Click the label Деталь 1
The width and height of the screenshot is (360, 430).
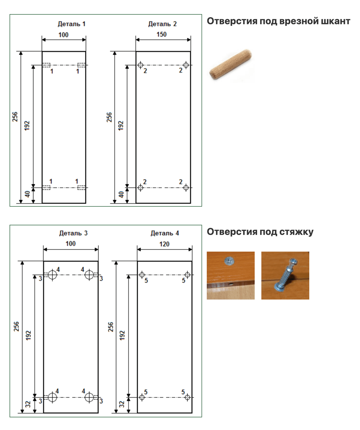pyautogui.click(x=71, y=24)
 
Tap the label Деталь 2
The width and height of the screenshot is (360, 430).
pyautogui.click(x=162, y=24)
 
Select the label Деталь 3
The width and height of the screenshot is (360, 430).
pyautogui.click(x=73, y=233)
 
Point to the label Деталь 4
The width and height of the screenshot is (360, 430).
pyautogui.click(x=165, y=233)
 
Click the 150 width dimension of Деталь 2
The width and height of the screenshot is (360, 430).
pyautogui.click(x=161, y=35)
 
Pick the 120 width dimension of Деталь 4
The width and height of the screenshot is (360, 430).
pyautogui.click(x=164, y=244)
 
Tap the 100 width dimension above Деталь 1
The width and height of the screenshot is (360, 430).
pyautogui.click(x=63, y=35)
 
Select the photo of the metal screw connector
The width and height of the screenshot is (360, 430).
pyautogui.click(x=285, y=275)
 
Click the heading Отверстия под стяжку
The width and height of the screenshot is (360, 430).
pyautogui.click(x=260, y=232)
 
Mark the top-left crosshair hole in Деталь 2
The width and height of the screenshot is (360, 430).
pyautogui.click(x=140, y=65)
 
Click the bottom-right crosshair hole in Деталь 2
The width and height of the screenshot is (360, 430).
pyautogui.click(x=186, y=188)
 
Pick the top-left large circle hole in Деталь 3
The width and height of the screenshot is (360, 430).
pyautogui.click(x=52, y=275)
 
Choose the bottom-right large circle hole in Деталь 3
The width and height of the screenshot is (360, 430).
pyautogui.click(x=89, y=397)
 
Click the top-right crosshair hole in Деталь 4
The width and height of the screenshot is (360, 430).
pyautogui.click(x=187, y=275)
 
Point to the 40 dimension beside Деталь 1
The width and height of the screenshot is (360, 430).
pyautogui.click(x=27, y=194)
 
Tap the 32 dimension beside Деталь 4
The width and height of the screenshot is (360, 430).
pyautogui.click(x=122, y=404)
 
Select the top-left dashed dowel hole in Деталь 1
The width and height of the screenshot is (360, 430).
pyautogui.click(x=46, y=65)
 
